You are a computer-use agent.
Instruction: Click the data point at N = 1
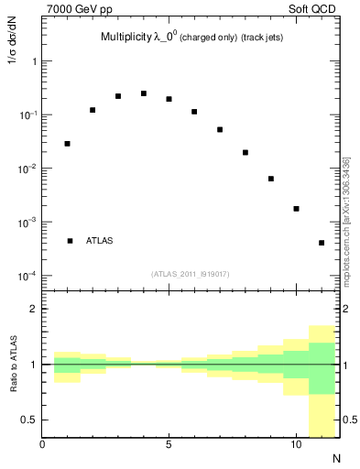68,144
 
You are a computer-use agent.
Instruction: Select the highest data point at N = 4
144,93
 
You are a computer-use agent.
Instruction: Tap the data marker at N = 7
220,130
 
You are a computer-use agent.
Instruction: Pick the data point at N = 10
297,209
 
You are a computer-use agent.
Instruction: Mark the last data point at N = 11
322,243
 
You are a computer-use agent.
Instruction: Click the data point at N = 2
93,110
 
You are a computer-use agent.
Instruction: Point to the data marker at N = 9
271,179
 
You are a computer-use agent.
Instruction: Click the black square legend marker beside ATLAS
70,241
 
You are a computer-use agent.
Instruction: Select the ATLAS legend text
100,241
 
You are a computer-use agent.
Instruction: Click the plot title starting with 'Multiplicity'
192,38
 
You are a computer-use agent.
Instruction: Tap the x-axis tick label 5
169,446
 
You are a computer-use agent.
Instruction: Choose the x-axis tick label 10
295,446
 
